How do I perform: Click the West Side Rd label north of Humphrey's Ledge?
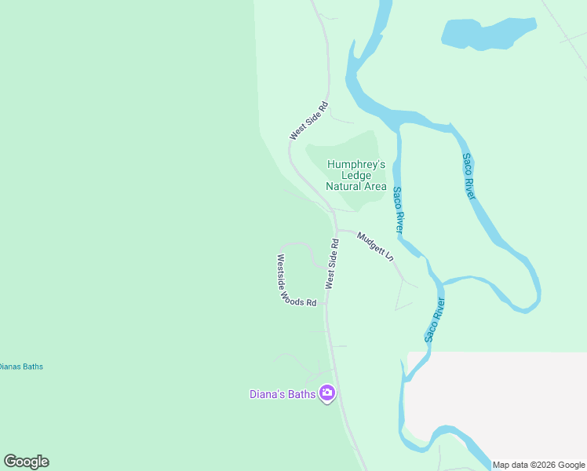(x=308, y=121)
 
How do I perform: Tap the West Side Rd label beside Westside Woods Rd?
(x=332, y=262)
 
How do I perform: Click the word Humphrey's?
(x=356, y=165)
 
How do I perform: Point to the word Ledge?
(x=356, y=176)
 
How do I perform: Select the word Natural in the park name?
(x=343, y=187)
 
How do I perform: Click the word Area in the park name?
(x=374, y=187)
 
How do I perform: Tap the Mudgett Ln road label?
(x=374, y=246)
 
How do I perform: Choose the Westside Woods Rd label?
(x=295, y=281)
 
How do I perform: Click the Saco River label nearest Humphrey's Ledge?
(x=398, y=210)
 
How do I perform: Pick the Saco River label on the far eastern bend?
(x=469, y=177)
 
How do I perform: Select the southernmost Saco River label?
(x=435, y=320)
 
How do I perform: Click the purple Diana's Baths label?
(x=283, y=394)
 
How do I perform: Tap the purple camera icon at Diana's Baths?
(x=327, y=393)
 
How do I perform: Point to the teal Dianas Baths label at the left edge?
(x=20, y=367)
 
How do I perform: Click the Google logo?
(x=26, y=462)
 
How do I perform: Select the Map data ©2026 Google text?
(x=538, y=465)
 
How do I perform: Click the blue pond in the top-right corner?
(x=487, y=34)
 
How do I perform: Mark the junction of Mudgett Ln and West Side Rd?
(x=336, y=230)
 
